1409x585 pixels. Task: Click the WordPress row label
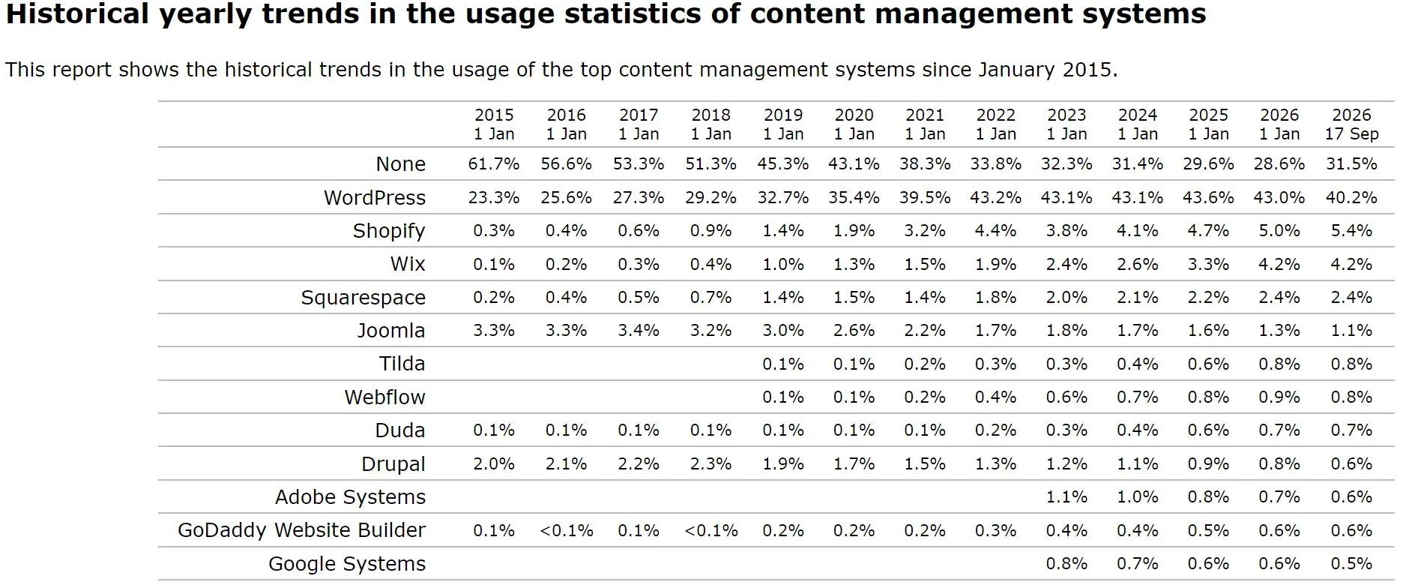tap(375, 197)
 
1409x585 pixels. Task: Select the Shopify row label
tap(389, 231)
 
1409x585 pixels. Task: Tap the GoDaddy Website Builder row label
tap(301, 530)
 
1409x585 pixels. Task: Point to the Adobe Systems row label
tap(350, 497)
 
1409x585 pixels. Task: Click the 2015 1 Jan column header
tap(494, 124)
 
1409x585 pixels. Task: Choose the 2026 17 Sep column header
tap(1351, 124)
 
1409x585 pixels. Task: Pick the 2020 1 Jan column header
tap(854, 124)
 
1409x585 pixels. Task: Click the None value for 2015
tap(494, 163)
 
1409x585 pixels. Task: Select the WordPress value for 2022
tap(995, 197)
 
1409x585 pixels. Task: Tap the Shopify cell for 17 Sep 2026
tap(1351, 231)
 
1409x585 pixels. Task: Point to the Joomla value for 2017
tap(639, 331)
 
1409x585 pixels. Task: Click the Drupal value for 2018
tap(710, 464)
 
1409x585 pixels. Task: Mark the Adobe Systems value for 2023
tap(1066, 497)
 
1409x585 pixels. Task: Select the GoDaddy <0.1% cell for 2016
tap(566, 531)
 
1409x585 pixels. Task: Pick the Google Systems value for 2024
tap(1138, 564)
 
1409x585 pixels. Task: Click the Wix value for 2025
tap(1208, 264)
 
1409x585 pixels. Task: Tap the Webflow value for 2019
tap(783, 397)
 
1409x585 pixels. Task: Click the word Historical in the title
tap(78, 14)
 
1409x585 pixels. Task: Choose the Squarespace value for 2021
tap(925, 298)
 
